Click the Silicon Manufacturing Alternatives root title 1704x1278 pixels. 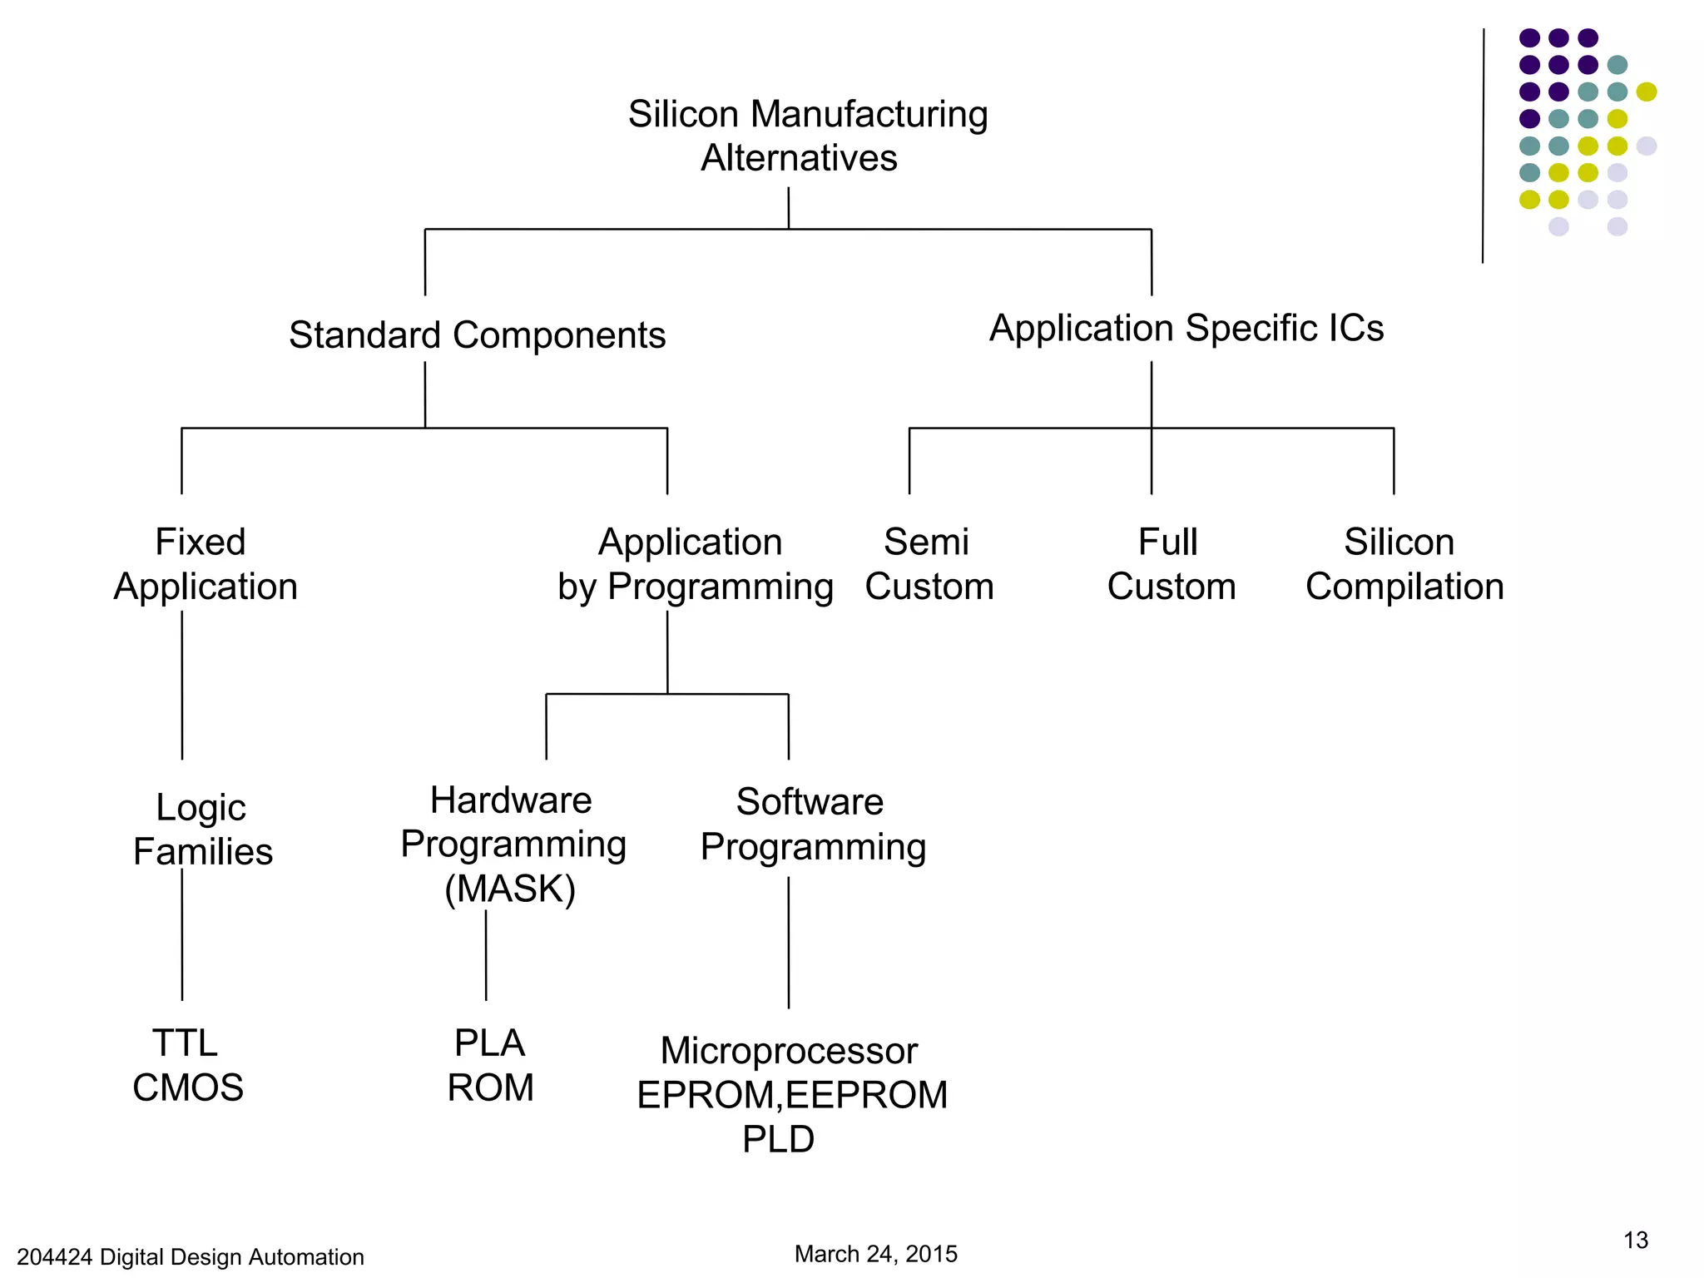(806, 136)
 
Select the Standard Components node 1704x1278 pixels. (477, 335)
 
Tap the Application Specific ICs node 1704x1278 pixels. (1186, 328)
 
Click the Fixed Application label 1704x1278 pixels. (205, 564)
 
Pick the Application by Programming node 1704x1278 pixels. (694, 564)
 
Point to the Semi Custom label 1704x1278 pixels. (929, 564)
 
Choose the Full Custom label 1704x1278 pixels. (1171, 564)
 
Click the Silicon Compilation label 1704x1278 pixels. (1404, 564)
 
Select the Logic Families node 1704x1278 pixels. (202, 830)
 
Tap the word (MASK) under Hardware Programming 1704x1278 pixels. (510, 888)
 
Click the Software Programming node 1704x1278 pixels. (812, 824)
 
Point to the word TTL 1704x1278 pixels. (185, 1043)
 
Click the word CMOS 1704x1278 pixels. (188, 1087)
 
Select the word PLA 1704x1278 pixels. (489, 1043)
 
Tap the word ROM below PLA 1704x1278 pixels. (490, 1087)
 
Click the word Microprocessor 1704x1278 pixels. (789, 1051)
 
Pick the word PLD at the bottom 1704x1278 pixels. (778, 1139)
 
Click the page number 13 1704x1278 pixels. (1635, 1241)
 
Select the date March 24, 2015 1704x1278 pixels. (875, 1254)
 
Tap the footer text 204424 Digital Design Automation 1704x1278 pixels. (191, 1256)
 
